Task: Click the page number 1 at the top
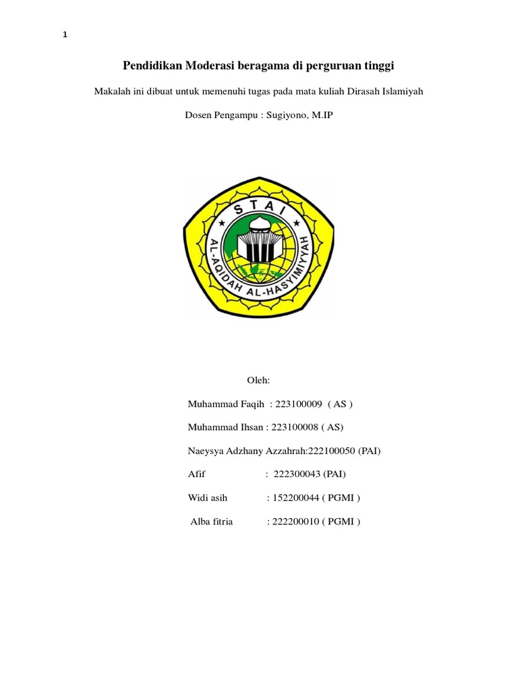[65, 36]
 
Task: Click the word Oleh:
[259, 381]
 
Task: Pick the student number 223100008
[295, 427]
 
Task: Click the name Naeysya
[205, 451]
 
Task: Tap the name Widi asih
[208, 498]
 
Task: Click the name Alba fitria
[211, 522]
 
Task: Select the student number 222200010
[294, 522]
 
